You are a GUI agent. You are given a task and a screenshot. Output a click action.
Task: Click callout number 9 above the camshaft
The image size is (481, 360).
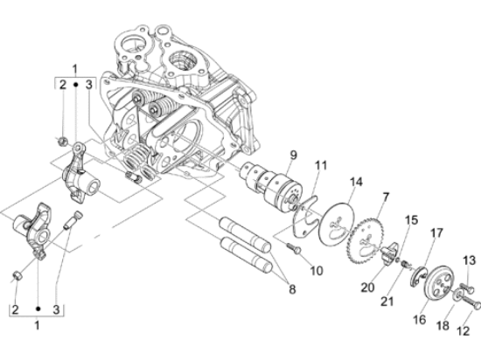pos(293,155)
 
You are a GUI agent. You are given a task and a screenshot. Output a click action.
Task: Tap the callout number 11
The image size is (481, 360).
pos(320,166)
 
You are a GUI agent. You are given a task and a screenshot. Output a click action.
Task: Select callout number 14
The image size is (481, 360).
pos(356,182)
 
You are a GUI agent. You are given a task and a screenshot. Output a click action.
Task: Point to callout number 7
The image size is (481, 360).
pos(386,197)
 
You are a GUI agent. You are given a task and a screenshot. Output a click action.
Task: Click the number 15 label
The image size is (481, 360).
pos(411,220)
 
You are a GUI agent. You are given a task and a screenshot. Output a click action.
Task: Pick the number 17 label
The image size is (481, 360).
pos(436,233)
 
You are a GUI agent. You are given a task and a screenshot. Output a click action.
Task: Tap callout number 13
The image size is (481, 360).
pos(469,260)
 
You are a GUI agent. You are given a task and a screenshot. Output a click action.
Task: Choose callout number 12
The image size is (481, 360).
pos(463,331)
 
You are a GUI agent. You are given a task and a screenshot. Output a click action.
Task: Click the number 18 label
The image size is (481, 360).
pos(443,326)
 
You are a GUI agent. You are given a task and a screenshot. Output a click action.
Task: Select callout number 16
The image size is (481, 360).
pos(419,320)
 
